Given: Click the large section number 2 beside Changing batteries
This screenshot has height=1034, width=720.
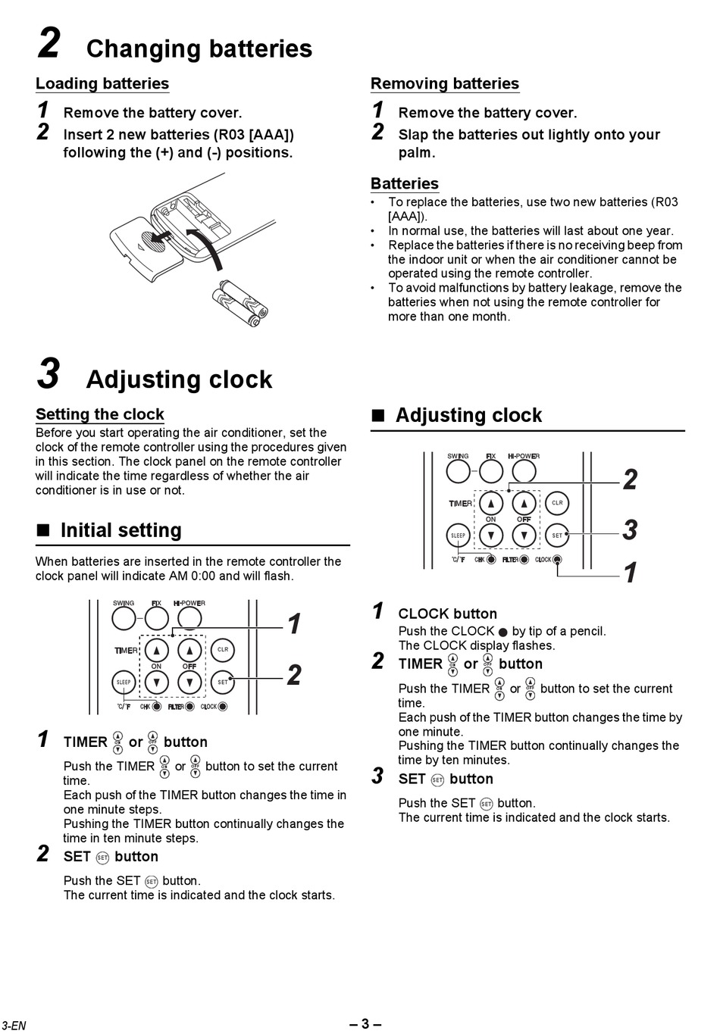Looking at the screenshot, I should [49, 43].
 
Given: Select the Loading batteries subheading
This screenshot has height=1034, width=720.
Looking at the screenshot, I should [102, 83].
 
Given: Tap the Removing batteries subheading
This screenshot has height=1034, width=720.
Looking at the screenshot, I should [445, 83].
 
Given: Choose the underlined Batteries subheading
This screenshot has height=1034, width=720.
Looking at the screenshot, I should [405, 183].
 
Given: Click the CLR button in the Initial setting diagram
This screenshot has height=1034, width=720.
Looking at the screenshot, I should [223, 650].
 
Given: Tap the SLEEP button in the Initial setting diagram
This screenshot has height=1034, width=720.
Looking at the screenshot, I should [124, 683].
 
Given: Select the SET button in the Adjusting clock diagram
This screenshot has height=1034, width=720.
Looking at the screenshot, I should [557, 536].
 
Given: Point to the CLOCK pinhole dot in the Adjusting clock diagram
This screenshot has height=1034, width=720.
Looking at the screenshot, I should [557, 560].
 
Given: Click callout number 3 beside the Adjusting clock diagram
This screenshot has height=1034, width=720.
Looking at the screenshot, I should [630, 529].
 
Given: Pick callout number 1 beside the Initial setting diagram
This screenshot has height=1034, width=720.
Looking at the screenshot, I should [295, 624].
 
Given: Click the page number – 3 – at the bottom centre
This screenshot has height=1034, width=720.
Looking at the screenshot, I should [365, 1024].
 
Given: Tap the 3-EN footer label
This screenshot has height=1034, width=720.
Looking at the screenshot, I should [14, 1026].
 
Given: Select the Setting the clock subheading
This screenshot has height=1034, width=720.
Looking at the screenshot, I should [100, 414].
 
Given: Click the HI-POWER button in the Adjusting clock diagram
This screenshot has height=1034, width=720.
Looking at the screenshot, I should [524, 472].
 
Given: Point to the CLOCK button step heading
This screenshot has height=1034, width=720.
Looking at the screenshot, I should [447, 614].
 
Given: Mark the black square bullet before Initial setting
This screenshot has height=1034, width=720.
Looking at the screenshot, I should [43, 530].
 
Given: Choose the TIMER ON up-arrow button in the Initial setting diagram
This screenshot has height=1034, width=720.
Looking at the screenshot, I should [156, 650].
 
